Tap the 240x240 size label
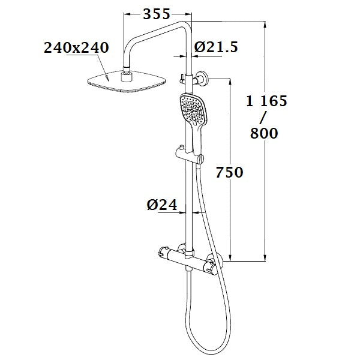click(x=77, y=48)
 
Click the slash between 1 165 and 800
click(x=264, y=118)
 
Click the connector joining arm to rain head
click(x=127, y=76)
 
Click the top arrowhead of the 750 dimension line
click(x=230, y=81)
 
